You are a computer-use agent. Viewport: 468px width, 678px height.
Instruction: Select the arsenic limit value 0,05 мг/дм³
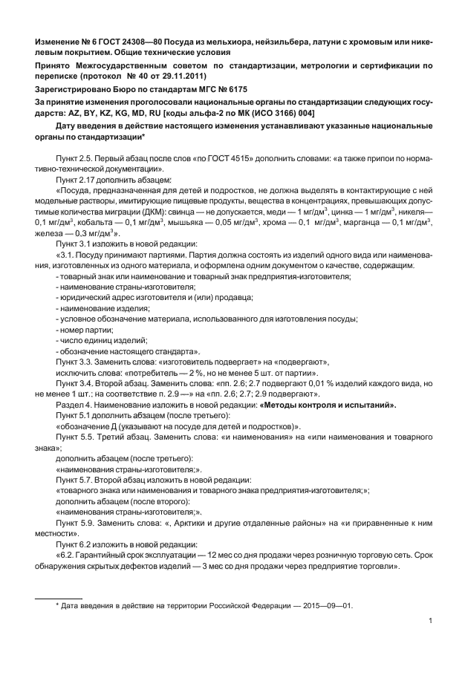[x=259, y=222]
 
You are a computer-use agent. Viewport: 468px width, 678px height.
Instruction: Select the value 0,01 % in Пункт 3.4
[x=336, y=383]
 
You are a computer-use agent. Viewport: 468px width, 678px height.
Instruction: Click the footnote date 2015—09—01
[x=326, y=604]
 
